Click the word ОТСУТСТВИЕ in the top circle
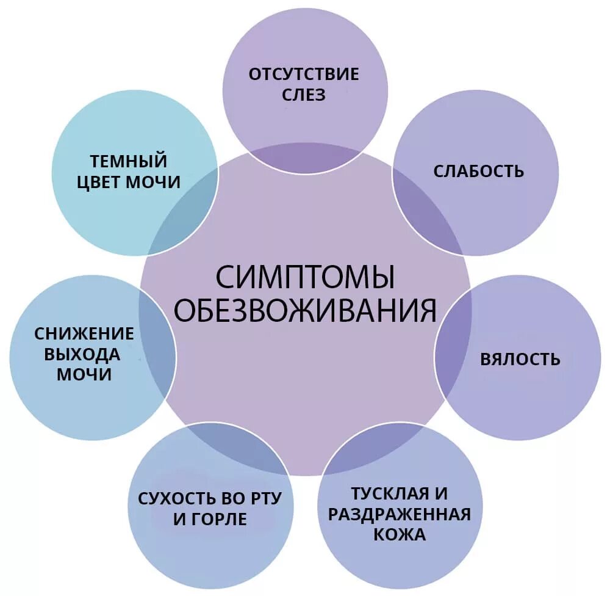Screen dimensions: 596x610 [304, 74]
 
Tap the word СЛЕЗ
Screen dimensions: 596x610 [304, 95]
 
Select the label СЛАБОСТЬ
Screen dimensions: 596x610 [478, 171]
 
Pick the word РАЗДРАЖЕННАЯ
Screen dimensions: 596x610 [400, 514]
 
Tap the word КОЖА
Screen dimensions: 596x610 [400, 534]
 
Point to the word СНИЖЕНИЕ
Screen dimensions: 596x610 [84, 333]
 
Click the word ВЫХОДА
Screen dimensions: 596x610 [85, 354]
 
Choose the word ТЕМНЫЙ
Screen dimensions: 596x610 [129, 161]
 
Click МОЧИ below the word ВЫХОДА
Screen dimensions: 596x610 [84, 375]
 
